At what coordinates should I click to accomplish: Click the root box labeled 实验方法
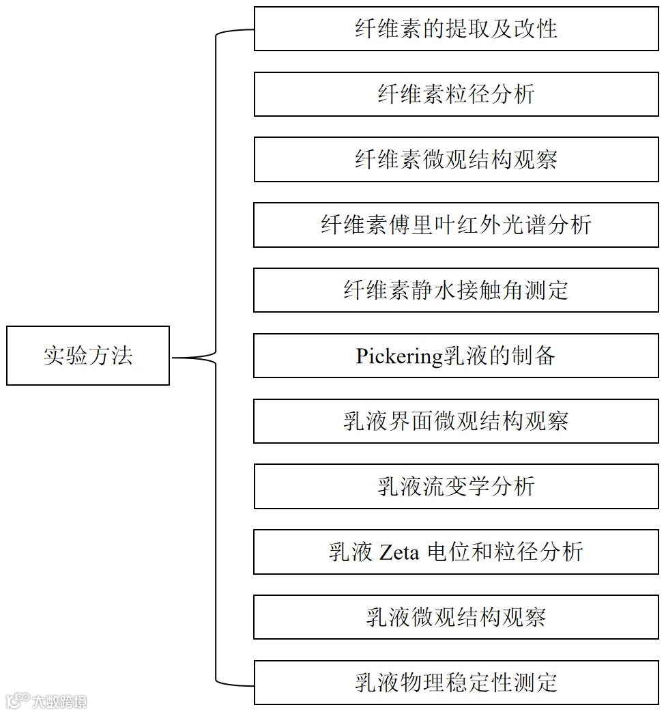tap(88, 356)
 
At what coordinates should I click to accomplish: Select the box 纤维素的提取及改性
tap(456, 29)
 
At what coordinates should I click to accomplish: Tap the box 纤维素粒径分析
tap(456, 94)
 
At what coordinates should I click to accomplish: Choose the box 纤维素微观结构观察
tap(456, 160)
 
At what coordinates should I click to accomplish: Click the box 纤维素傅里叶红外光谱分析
tap(456, 225)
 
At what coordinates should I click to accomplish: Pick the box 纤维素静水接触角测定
tap(456, 290)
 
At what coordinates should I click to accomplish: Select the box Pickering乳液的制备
tap(456, 356)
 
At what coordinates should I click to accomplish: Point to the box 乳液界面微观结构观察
tap(456, 421)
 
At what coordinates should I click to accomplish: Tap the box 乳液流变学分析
tap(456, 487)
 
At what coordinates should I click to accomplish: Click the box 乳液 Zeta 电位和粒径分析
tap(456, 552)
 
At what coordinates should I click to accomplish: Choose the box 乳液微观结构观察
tap(456, 617)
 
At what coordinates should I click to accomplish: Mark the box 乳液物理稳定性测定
tap(456, 683)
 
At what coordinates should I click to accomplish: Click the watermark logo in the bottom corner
tap(46, 700)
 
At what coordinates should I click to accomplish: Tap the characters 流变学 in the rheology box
tap(456, 487)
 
